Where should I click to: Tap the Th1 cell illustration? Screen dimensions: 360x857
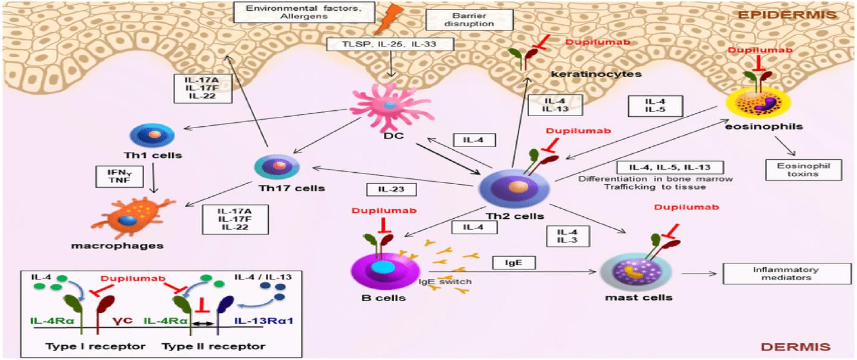153,134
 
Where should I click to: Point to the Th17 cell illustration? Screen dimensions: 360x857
276,166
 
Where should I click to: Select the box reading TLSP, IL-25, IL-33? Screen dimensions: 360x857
390,43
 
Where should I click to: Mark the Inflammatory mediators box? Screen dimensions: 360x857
786,274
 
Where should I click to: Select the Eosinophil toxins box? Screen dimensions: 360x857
804,170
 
